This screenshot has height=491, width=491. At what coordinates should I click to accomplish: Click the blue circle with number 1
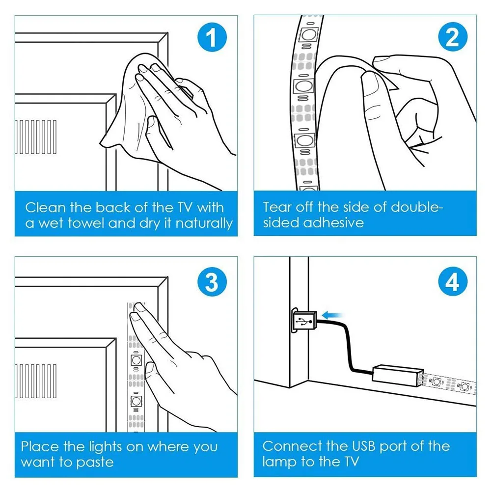(212, 37)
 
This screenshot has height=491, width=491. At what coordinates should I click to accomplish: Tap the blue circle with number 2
(453, 37)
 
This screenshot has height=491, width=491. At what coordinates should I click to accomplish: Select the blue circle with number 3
(212, 282)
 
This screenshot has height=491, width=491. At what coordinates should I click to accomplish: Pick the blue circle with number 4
(453, 281)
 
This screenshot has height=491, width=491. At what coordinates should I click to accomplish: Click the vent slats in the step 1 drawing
(36, 137)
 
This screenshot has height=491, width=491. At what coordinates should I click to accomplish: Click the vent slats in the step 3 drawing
(36, 381)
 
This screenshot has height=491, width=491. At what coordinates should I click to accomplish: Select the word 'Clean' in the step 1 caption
(45, 208)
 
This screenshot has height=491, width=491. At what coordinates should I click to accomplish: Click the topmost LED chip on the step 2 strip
(308, 34)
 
